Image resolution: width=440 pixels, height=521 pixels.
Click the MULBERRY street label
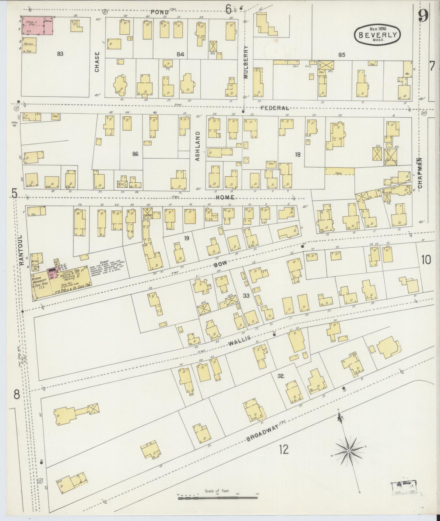point(246,62)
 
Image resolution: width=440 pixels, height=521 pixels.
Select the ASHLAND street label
point(197,146)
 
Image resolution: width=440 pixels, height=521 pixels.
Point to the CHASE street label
point(97,62)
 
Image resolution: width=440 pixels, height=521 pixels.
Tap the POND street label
point(160,12)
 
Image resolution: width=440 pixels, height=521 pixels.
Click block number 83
point(60,54)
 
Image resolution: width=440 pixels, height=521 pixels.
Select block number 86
point(135,154)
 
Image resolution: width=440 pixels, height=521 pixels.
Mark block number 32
point(280,376)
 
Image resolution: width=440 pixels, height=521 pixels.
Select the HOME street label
point(225,197)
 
